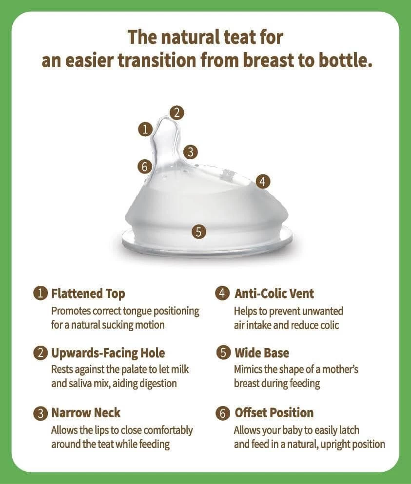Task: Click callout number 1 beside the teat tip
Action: click(145, 129)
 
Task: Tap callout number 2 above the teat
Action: click(177, 112)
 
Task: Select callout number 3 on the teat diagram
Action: click(190, 152)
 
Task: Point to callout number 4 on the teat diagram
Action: click(263, 182)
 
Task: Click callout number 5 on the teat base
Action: click(199, 231)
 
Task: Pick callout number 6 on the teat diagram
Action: click(145, 167)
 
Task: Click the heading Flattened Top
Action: click(88, 294)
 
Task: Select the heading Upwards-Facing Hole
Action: click(108, 353)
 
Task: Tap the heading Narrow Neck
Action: click(86, 413)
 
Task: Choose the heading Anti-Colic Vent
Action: click(274, 294)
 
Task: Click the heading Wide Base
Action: click(262, 353)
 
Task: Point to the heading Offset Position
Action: click(274, 413)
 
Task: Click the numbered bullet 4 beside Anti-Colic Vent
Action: click(222, 293)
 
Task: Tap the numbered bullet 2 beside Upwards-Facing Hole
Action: click(40, 353)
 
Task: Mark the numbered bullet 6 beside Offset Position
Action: click(223, 413)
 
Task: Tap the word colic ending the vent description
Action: click(327, 325)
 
